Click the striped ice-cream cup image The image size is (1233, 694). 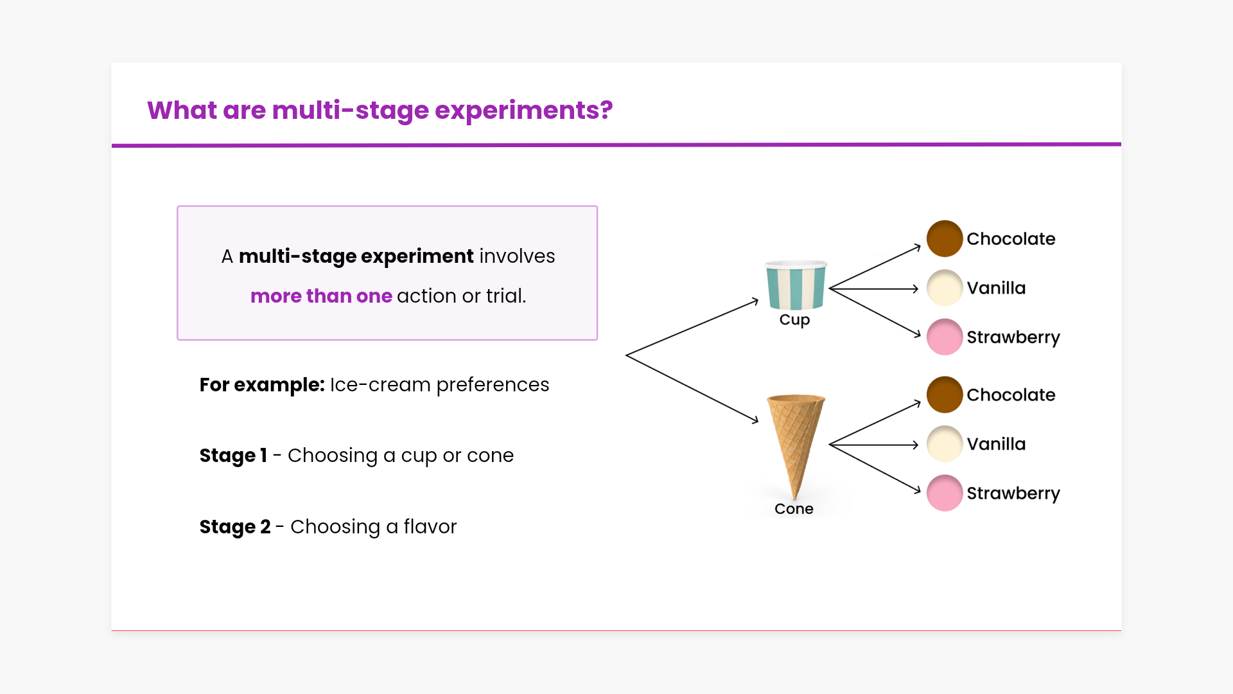(x=796, y=285)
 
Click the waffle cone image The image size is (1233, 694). (x=796, y=447)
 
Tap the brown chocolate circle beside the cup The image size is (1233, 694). (x=945, y=238)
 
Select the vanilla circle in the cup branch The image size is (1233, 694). (x=945, y=288)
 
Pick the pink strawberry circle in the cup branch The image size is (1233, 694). (x=945, y=337)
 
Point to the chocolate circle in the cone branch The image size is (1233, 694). (x=945, y=395)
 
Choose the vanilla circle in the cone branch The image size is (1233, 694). (x=945, y=444)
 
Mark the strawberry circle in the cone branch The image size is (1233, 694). (x=945, y=493)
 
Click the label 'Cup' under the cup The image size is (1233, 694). (x=794, y=320)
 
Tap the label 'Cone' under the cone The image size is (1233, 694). (x=794, y=509)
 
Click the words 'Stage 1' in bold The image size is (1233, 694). (x=233, y=456)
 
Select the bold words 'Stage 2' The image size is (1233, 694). (x=235, y=527)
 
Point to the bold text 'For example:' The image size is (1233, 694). (x=262, y=385)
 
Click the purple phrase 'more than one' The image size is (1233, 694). (x=321, y=296)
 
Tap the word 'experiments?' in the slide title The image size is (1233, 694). (x=524, y=111)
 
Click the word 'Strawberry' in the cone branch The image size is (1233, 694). (x=1013, y=494)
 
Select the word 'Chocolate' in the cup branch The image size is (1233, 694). (x=1011, y=239)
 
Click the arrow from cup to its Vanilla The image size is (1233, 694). (x=874, y=289)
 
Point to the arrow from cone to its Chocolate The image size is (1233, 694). (x=875, y=423)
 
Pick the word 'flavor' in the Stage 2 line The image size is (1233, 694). (x=430, y=527)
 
